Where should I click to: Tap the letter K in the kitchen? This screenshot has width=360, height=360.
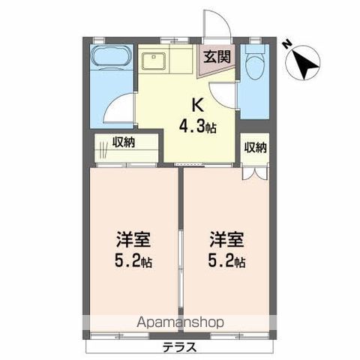198,105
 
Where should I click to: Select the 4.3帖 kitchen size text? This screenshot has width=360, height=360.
198,126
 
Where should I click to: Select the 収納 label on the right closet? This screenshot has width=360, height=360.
255,147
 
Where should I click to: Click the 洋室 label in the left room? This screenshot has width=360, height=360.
133,241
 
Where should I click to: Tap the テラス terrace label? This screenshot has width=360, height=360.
179,348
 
